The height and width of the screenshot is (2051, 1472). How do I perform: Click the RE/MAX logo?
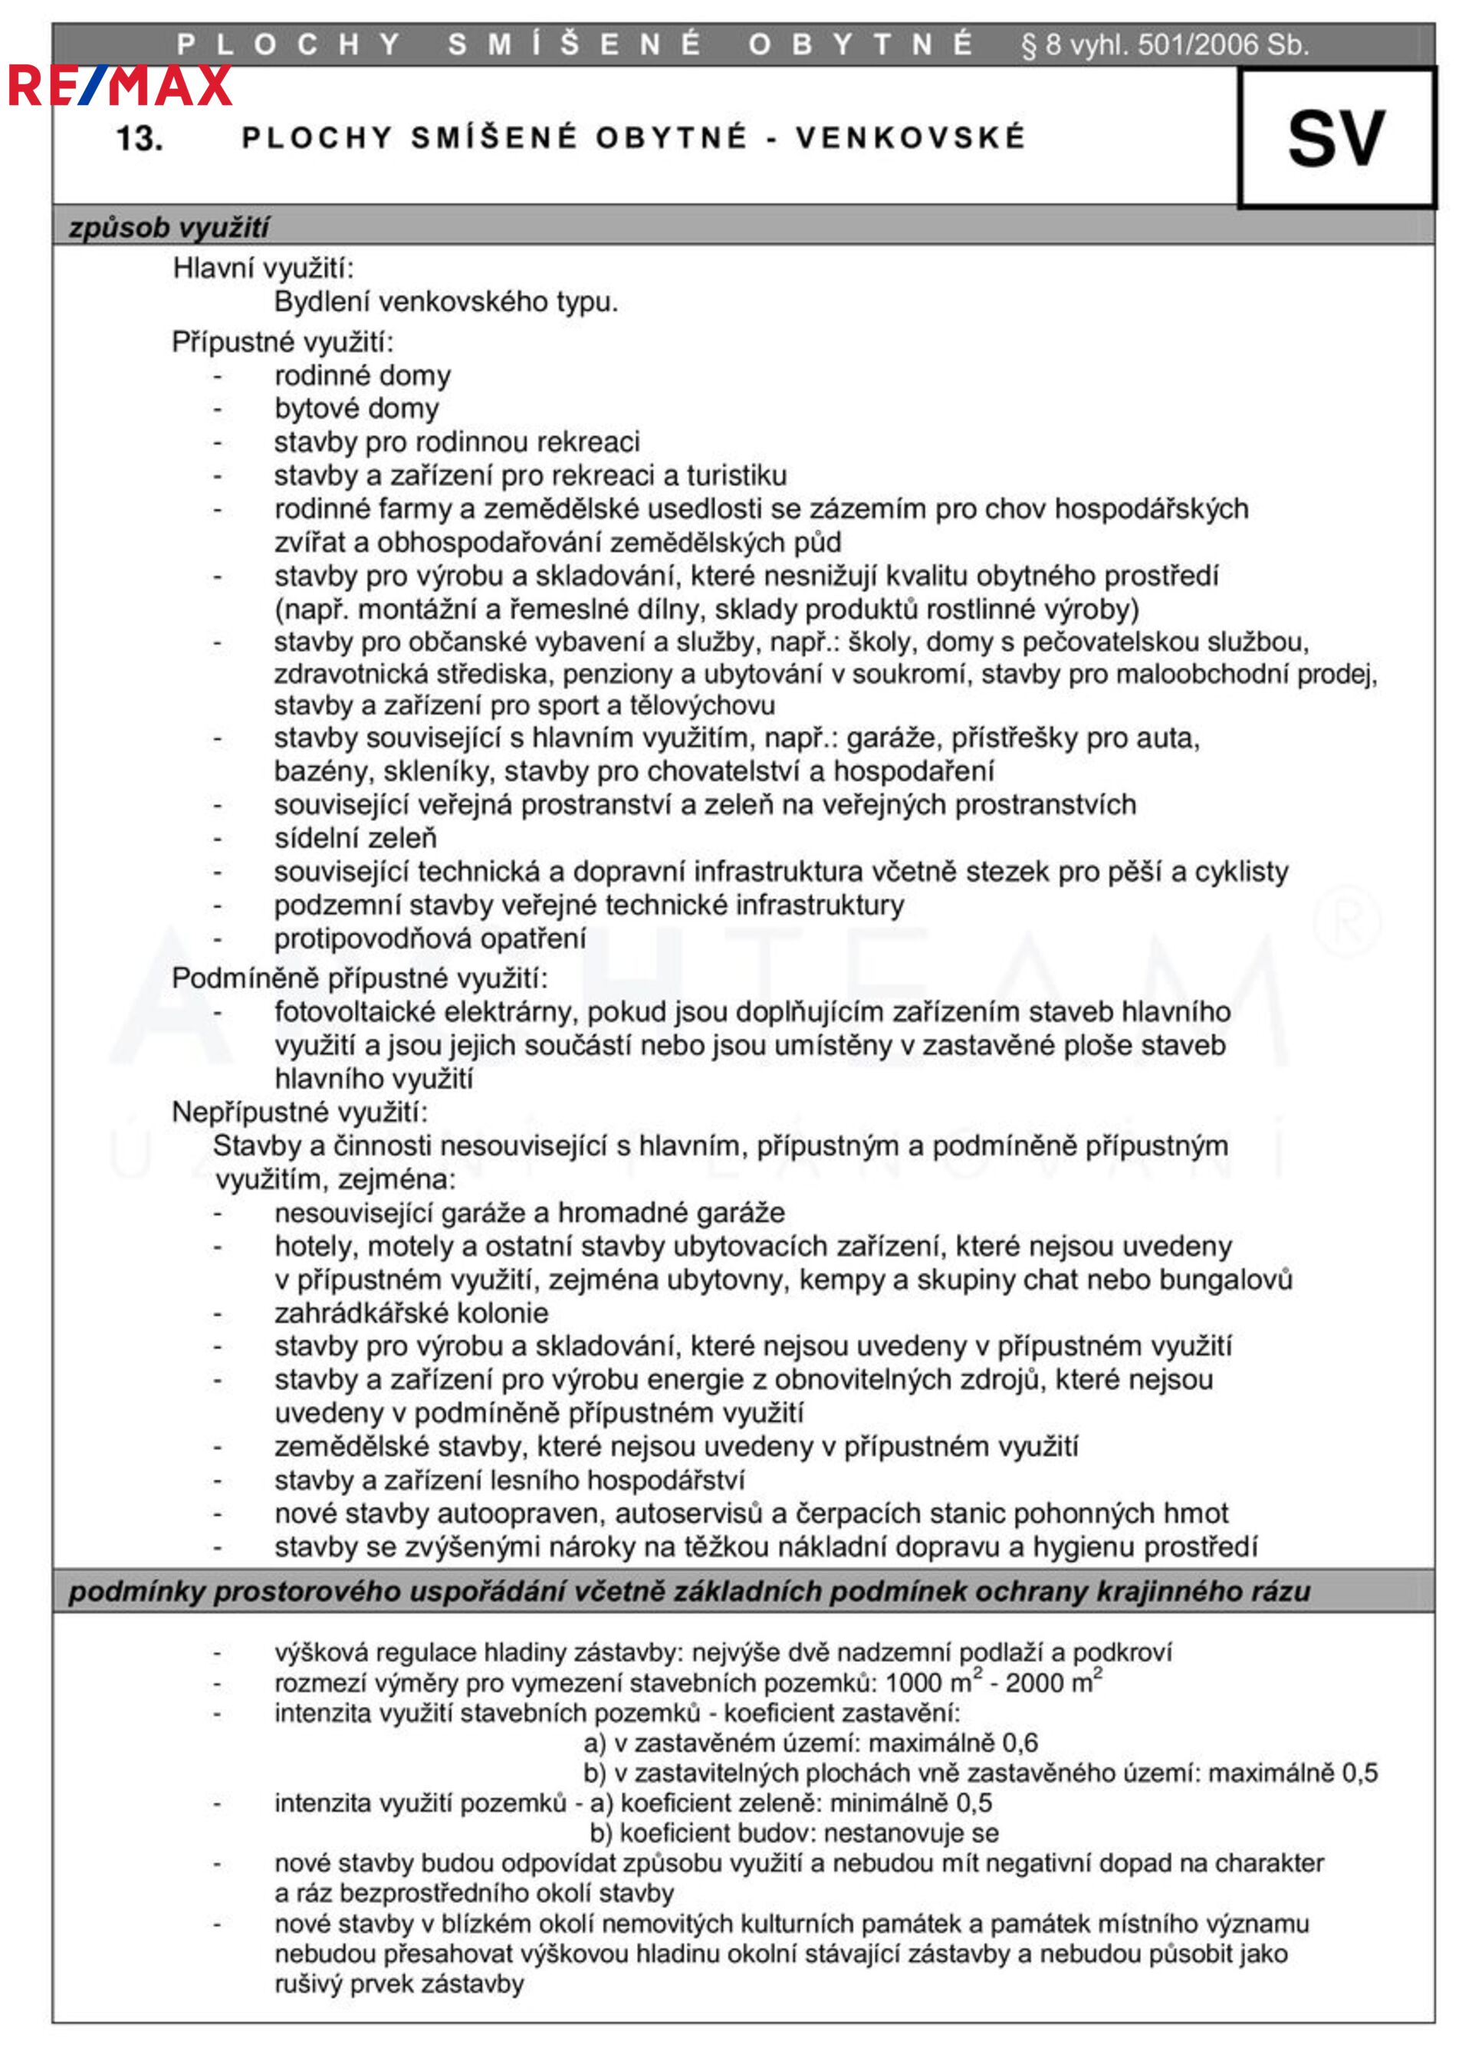[120, 86]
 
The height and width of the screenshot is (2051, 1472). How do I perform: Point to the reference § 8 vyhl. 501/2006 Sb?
[1164, 44]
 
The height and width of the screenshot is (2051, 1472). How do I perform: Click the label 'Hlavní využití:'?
[263, 268]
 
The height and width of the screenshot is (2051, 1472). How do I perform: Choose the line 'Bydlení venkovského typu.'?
[445, 301]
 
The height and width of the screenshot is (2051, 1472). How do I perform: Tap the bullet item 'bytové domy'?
[356, 408]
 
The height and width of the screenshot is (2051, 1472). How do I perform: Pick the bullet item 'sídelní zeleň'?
[355, 837]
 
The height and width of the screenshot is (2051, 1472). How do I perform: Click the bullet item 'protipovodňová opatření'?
[429, 938]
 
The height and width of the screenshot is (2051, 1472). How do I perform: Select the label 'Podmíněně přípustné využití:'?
[359, 978]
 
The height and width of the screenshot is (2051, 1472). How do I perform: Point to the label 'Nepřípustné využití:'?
[299, 1112]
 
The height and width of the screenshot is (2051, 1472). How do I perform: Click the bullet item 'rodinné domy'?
[362, 374]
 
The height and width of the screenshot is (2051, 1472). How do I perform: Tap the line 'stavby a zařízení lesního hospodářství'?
[509, 1480]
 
